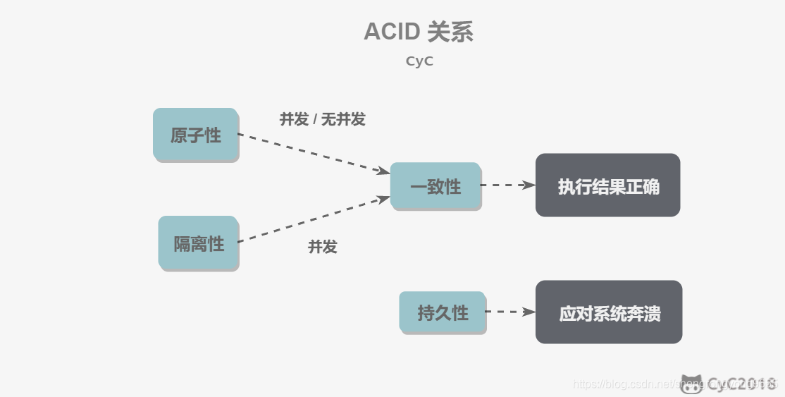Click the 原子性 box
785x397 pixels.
195,134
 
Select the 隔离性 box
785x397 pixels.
198,243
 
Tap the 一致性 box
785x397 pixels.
435,186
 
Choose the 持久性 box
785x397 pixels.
442,312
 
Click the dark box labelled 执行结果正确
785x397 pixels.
607,185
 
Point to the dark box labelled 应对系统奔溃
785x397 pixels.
609,312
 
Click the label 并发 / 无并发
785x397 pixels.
322,119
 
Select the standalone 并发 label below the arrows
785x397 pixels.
322,247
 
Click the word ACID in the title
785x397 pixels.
391,32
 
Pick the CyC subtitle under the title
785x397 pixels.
419,61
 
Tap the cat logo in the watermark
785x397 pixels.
692,384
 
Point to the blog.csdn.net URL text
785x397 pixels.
620,385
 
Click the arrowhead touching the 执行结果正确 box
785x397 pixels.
529,185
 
